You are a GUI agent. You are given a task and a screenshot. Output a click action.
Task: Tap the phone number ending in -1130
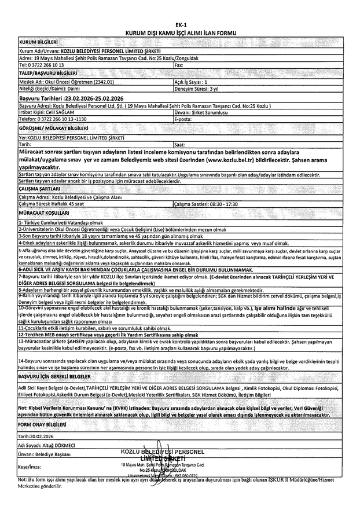coord(67,118)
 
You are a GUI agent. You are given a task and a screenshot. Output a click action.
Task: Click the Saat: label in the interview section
coord(180,144)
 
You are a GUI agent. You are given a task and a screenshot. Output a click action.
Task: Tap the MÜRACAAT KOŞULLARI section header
coord(46,212)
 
